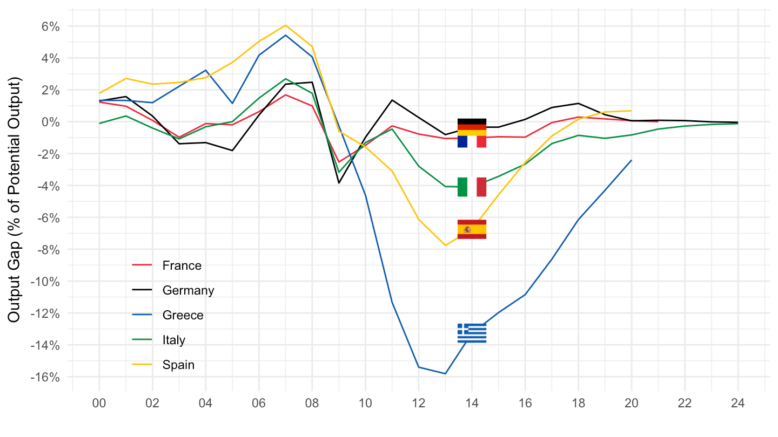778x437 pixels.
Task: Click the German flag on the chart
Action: (x=472, y=127)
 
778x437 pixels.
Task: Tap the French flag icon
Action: (x=472, y=141)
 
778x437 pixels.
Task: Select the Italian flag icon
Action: (x=472, y=187)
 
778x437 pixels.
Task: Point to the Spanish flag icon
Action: (x=472, y=229)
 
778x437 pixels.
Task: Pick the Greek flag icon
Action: (x=472, y=333)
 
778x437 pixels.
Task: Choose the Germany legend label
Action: (x=188, y=290)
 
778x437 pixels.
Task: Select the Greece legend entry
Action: (x=183, y=315)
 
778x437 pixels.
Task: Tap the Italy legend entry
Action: (x=173, y=340)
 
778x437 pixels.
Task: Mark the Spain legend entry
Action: (x=178, y=365)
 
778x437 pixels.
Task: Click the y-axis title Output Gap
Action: (x=15, y=200)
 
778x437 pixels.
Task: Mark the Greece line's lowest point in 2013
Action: (x=445, y=373)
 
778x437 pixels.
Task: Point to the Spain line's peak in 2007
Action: (x=285, y=25)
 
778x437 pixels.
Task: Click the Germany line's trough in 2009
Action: (x=339, y=183)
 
